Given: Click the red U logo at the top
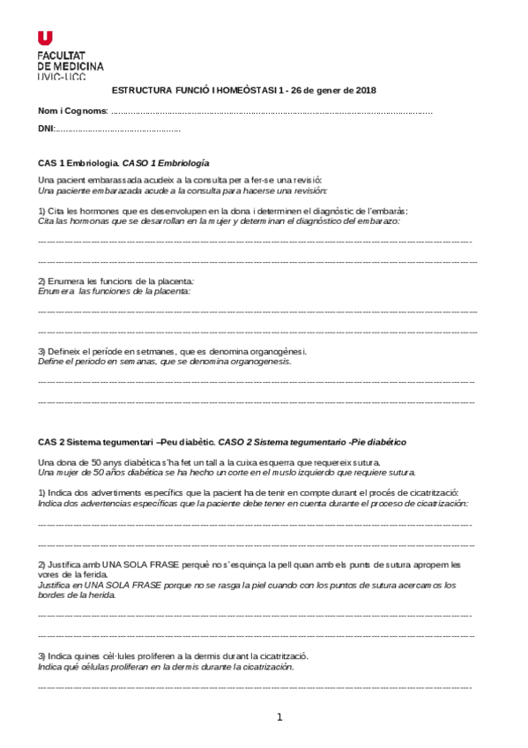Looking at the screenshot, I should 45,38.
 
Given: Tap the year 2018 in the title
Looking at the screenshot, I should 365,90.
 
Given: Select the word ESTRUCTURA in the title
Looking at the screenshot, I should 140,90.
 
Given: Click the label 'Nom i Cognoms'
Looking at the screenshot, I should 72,111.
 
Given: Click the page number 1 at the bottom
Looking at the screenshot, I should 279,717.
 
